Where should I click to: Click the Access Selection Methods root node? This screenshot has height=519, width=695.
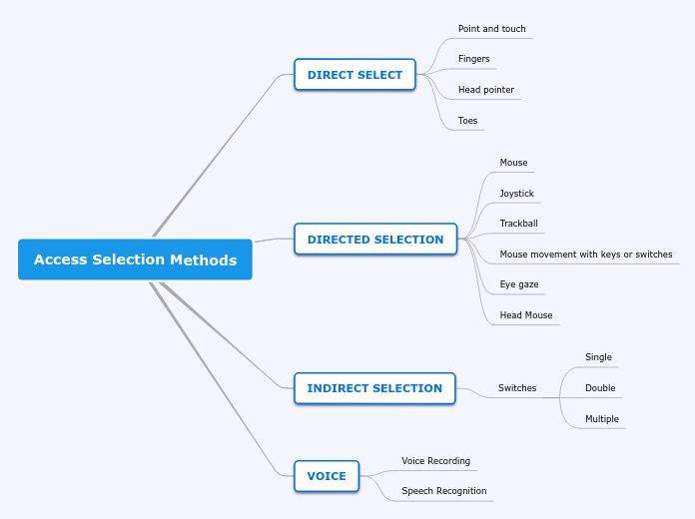135,259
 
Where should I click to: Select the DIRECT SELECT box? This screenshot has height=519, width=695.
354,75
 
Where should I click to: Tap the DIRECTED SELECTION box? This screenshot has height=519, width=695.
375,240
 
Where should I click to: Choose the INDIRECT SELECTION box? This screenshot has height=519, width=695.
374,388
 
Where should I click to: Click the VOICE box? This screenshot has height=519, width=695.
327,476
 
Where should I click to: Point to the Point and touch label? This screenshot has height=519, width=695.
491,29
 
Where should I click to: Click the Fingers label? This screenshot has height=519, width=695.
473,59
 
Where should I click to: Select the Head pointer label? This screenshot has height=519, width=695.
485,90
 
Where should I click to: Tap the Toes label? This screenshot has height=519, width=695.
467,121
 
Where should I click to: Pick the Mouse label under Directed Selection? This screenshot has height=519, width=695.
513,163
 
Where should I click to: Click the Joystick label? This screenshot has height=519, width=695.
516,194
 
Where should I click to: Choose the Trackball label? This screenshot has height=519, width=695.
518,224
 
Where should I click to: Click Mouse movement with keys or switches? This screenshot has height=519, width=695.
585,255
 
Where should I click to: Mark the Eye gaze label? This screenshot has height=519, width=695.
518,284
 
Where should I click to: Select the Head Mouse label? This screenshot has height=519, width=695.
525,315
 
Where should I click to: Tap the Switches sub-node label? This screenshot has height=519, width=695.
517,388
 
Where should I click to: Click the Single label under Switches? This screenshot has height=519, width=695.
598,357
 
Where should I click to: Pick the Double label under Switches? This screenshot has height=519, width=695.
600,388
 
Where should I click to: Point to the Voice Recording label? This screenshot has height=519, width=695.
435,461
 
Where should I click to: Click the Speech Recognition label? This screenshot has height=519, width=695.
443,491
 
